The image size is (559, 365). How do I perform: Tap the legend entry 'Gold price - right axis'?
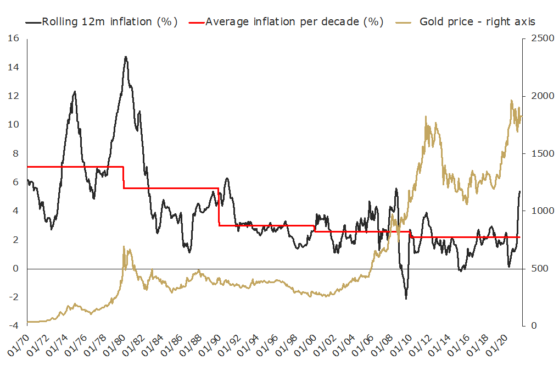coord(477,21)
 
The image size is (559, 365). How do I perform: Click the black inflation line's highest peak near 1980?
coord(126,57)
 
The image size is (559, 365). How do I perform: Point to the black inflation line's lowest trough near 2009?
coord(406,298)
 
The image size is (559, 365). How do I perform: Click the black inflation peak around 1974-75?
coord(75,92)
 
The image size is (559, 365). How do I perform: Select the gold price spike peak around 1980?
coord(124,247)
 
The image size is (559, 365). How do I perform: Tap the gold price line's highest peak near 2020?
coord(512,101)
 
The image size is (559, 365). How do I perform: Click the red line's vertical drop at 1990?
coord(219,207)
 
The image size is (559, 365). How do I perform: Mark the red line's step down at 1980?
coord(124,177)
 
